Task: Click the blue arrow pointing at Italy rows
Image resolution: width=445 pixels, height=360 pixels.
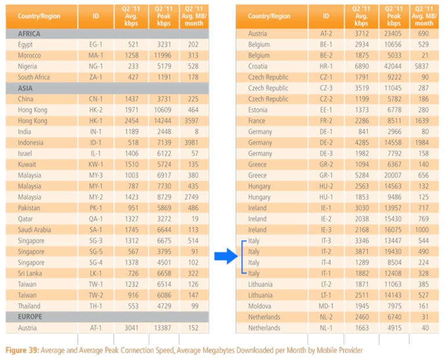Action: (226, 256)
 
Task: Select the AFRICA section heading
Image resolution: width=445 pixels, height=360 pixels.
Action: (29, 34)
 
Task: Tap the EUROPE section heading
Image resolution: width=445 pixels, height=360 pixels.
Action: (30, 316)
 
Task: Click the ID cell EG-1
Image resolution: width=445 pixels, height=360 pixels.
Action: (96, 45)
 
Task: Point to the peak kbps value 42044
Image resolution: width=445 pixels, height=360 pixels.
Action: (393, 66)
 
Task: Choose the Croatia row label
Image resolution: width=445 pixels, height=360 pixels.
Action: (258, 66)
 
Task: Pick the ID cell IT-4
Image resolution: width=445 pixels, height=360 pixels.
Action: (326, 262)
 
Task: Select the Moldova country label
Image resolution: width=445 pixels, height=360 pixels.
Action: (259, 306)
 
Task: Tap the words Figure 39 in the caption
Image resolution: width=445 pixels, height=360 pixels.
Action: (22, 350)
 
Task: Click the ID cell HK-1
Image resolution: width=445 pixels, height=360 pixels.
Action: (96, 121)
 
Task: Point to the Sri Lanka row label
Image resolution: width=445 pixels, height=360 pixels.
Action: (30, 273)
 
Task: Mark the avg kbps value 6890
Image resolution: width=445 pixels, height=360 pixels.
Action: (361, 66)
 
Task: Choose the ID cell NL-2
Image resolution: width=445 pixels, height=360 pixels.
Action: (326, 317)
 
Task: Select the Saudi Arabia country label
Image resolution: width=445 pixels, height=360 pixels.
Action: (34, 229)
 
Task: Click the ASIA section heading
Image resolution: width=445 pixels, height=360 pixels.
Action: (25, 88)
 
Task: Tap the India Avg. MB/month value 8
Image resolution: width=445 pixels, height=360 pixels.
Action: (196, 132)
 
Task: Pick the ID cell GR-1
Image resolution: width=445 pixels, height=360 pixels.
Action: (326, 175)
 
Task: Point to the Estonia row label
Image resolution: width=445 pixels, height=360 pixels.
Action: (258, 110)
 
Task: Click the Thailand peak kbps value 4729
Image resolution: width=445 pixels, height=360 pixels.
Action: (164, 306)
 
